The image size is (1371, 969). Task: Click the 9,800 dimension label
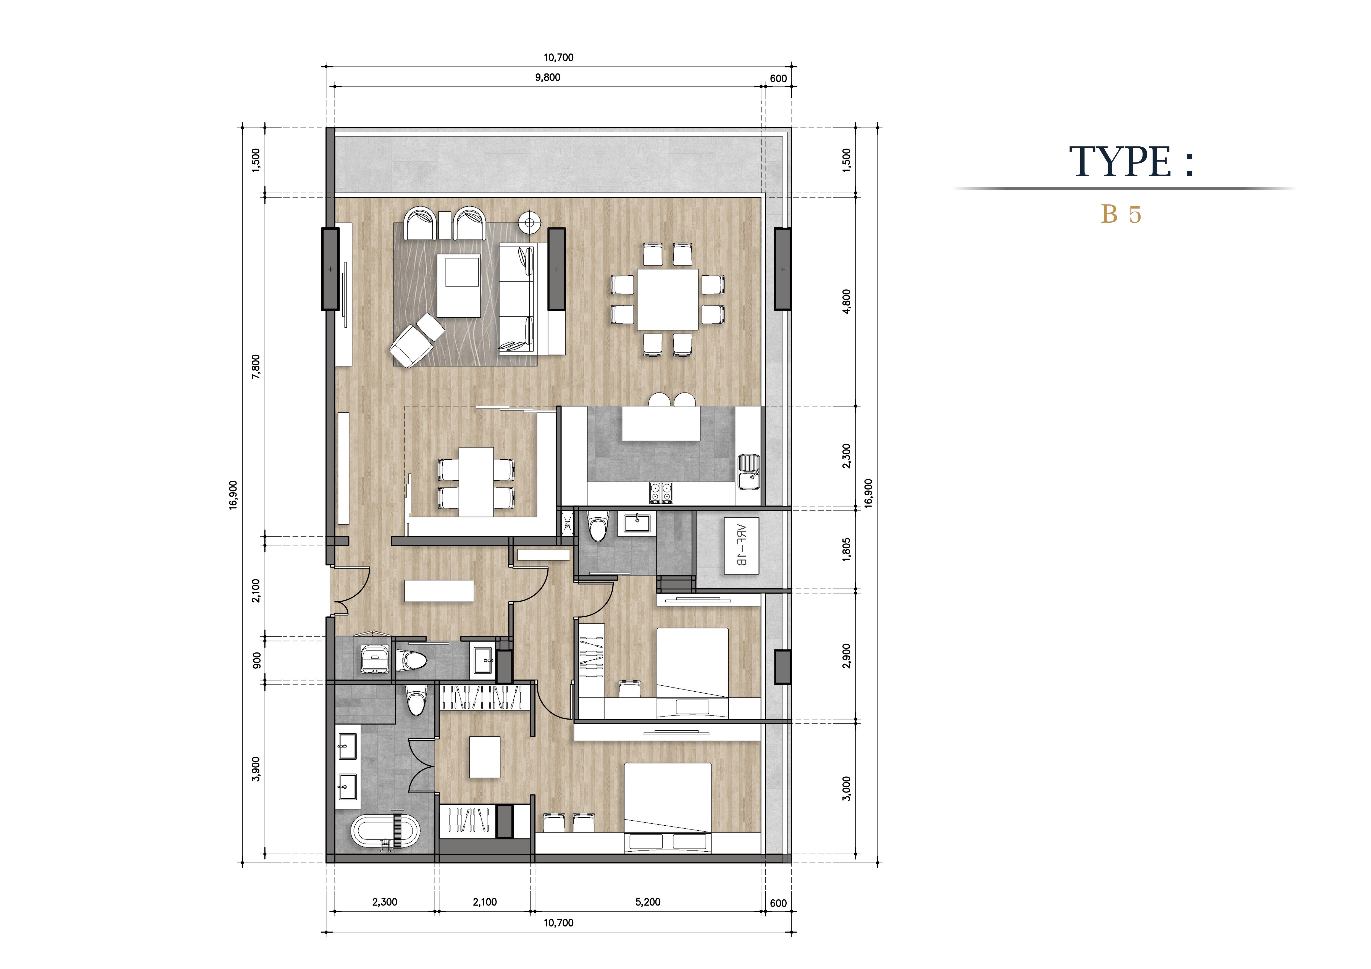tap(548, 77)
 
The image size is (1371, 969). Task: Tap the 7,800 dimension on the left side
tap(256, 367)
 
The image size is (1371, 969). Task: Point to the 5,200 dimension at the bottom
tap(648, 902)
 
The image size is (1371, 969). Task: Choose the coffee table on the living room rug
tap(459, 285)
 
